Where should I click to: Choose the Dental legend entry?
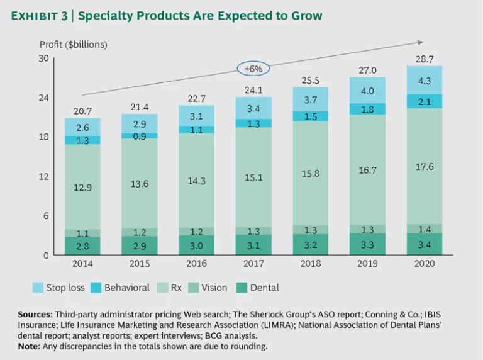pyautogui.click(x=257, y=288)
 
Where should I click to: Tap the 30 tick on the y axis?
pyautogui.click(x=43, y=59)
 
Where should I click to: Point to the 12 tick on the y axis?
pyautogui.click(x=43, y=176)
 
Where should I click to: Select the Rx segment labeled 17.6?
pyautogui.click(x=424, y=167)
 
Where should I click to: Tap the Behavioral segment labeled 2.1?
pyautogui.click(x=424, y=101)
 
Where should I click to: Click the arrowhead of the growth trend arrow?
pyautogui.click(x=419, y=43)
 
